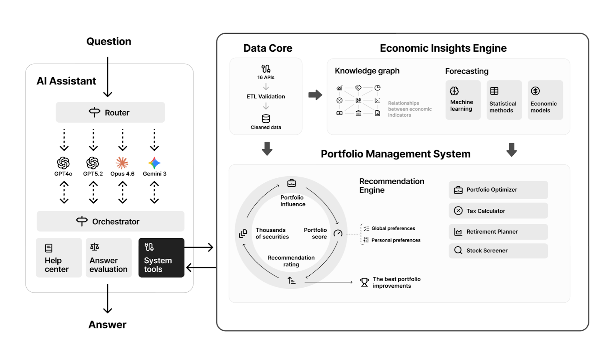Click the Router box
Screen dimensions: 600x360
[x=110, y=112]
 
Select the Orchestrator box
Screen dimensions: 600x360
[x=110, y=221]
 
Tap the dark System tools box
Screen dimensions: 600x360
[x=161, y=258]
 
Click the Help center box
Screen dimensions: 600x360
[x=59, y=258]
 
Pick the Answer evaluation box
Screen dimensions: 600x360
[x=109, y=258]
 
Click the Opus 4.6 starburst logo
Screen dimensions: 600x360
[x=122, y=163]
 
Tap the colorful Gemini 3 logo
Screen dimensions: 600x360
[x=154, y=163]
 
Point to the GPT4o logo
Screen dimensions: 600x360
[x=63, y=163]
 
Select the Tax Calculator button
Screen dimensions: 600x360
[x=498, y=211]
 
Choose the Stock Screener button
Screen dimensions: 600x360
[x=498, y=250]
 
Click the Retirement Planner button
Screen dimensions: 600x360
[x=498, y=232]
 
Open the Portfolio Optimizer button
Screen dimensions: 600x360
[x=498, y=190]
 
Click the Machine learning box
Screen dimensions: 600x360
[x=463, y=100]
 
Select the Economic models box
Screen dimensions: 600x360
[x=545, y=100]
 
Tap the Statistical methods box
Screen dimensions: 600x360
[x=504, y=100]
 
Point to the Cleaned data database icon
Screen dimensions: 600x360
[x=266, y=118]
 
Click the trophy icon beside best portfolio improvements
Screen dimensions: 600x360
[x=364, y=282]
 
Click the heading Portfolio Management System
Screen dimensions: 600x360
[x=396, y=154]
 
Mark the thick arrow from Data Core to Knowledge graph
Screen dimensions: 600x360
[x=315, y=94]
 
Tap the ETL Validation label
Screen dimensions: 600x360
[x=266, y=96]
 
